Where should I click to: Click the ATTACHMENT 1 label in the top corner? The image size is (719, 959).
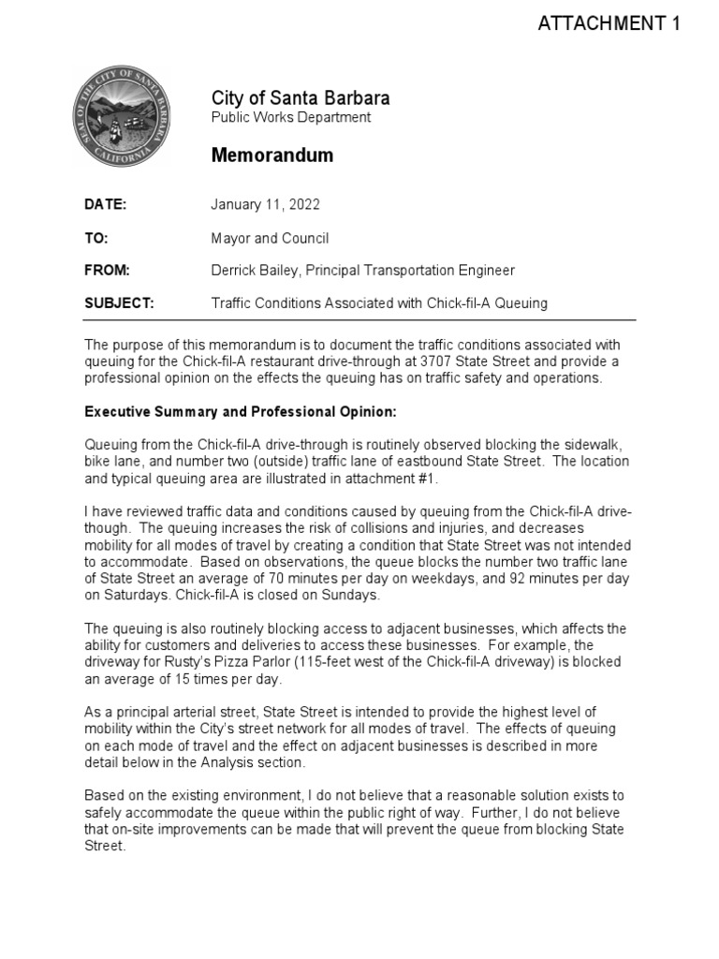pos(609,24)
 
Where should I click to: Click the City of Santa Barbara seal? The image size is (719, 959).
pos(121,119)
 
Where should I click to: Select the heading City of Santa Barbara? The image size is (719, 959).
pos(300,98)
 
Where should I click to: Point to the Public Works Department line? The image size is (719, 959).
pos(290,118)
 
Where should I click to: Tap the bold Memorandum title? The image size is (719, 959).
pos(271,155)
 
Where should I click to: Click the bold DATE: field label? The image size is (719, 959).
pos(105,204)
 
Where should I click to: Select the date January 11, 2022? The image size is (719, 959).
pos(266,204)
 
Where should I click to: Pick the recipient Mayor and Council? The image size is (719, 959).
pos(270,238)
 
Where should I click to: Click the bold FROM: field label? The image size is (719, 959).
pos(107,271)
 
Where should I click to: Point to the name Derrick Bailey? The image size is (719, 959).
pos(254,271)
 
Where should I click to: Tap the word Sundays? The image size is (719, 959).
pos(356,596)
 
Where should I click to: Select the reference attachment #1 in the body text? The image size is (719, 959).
pos(387,479)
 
